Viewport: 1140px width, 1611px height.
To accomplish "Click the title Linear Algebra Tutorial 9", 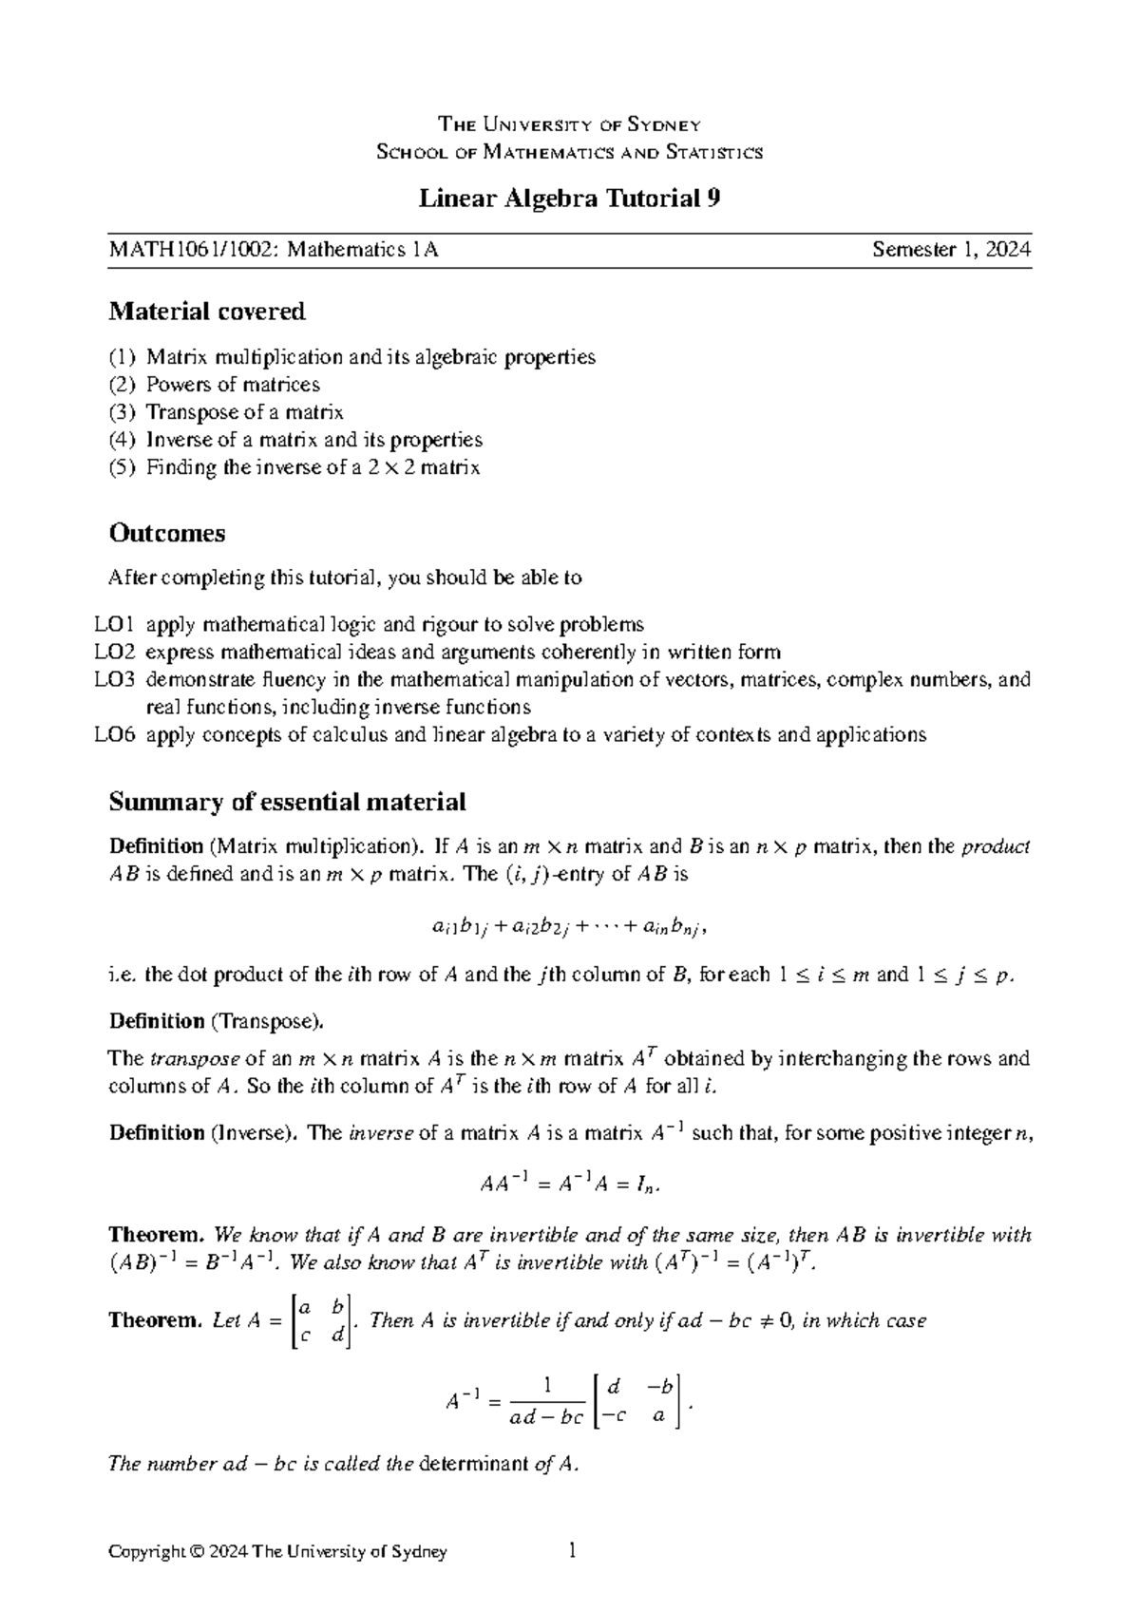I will [570, 199].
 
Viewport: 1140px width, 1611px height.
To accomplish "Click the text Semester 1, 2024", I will [952, 250].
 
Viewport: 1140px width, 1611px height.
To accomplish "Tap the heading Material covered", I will [207, 311].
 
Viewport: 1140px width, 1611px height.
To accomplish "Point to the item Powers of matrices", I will [233, 385].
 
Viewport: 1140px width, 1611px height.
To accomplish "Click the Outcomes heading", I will [167, 533].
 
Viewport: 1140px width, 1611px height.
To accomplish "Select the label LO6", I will [115, 734].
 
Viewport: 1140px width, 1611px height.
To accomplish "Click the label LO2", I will [115, 652].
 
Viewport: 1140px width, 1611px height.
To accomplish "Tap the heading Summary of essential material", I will [287, 802].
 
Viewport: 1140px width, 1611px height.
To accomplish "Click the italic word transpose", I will [195, 1059].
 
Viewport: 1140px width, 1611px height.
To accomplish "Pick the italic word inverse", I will [381, 1133].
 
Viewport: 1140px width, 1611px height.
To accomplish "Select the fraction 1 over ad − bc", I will [546, 1402].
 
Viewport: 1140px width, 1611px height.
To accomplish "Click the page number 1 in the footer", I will [571, 1551].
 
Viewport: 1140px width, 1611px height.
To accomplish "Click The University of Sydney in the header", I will [569, 124].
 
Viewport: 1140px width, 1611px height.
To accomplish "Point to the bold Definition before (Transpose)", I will [157, 1022].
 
